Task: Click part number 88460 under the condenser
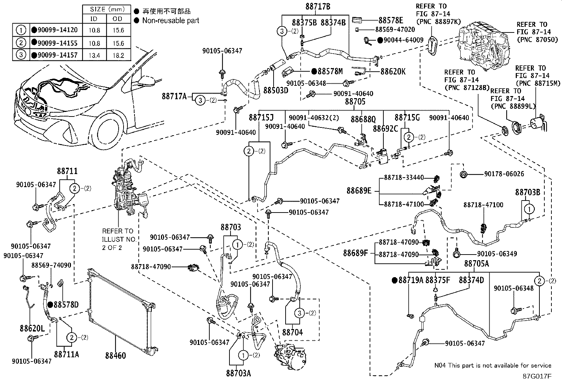pos(115,356)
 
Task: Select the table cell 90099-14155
pos(54,43)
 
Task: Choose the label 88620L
pos(32,329)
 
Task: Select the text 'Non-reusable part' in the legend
pos(171,20)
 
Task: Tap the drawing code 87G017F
pos(537,376)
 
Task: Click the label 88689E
pos(359,191)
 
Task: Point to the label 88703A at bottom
pos(238,373)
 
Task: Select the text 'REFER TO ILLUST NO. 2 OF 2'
pos(119,239)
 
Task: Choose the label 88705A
pos(476,263)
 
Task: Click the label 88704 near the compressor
pos(293,332)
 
